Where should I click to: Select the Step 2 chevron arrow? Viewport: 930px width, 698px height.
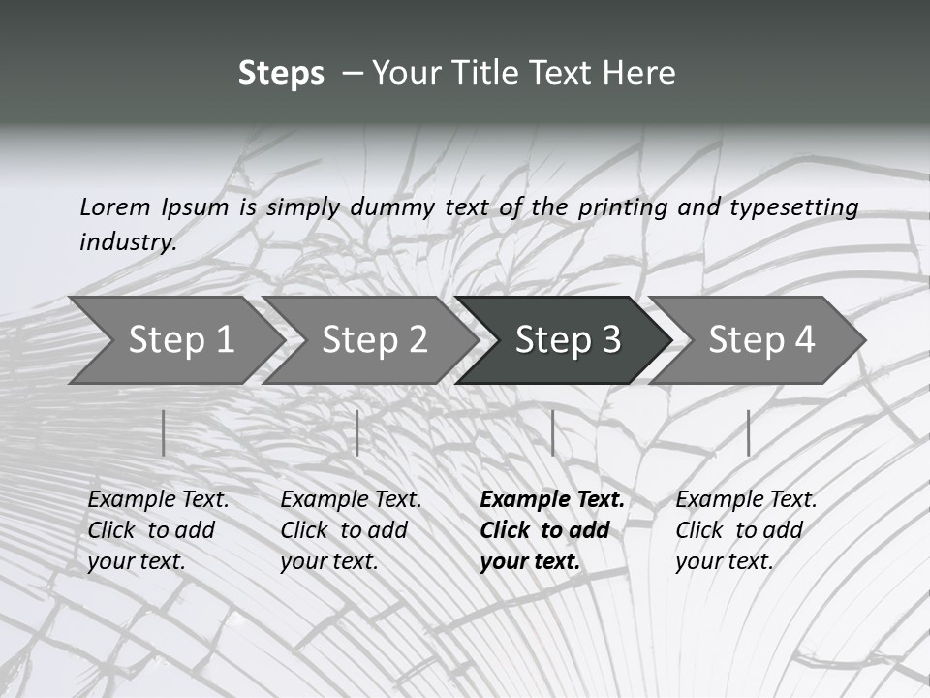[373, 340]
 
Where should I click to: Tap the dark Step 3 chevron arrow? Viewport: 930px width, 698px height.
[567, 340]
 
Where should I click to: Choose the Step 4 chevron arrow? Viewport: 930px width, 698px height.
[760, 340]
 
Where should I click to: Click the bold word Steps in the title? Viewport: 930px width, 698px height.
[281, 74]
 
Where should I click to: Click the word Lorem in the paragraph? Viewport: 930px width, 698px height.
[114, 206]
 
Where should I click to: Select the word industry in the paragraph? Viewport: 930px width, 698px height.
[127, 241]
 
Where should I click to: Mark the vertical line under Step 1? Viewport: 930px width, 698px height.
[164, 432]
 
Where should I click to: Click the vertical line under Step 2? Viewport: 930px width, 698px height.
[357, 432]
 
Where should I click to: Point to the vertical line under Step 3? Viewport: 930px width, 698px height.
[552, 432]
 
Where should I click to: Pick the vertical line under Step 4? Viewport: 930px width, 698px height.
[748, 432]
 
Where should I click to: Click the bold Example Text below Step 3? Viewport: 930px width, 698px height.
[552, 500]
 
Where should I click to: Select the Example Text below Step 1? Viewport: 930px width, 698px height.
[158, 500]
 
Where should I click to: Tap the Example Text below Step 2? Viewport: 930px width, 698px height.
[351, 500]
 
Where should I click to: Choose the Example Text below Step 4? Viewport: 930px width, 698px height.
[746, 500]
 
